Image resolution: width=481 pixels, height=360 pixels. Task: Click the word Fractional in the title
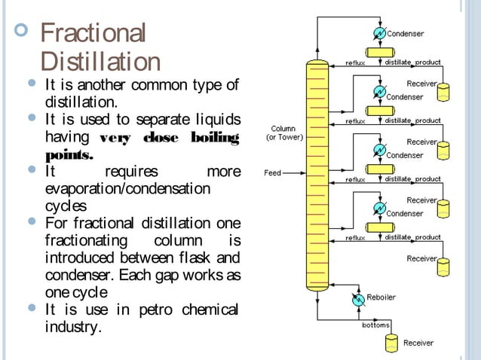pos(92,34)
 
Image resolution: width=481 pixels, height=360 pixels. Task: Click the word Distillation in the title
pos(100,62)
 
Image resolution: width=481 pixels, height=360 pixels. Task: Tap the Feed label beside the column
pos(272,172)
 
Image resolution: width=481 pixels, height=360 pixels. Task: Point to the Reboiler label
pos(382,297)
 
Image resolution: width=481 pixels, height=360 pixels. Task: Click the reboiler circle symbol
pos(358,299)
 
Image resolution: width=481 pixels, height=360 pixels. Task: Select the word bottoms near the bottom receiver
pos(377,325)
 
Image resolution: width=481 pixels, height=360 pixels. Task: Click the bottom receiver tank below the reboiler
pos(391,343)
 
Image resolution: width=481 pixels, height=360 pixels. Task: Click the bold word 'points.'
pos(69,155)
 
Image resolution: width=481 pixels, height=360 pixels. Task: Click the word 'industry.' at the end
pos(72,328)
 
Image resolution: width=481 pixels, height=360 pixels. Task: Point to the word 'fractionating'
pos(86,241)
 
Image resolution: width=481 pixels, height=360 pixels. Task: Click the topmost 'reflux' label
pos(356,63)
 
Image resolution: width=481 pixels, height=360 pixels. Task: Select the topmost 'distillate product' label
pos(413,63)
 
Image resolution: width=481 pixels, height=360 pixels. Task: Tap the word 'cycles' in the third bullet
pos(66,206)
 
